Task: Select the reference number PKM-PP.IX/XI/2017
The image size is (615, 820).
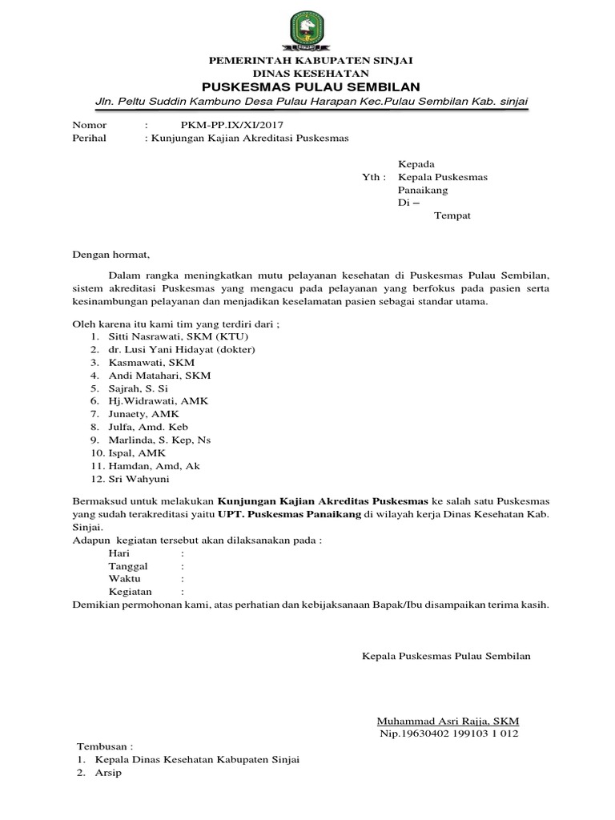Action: (231, 125)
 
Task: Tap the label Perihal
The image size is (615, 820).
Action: (90, 138)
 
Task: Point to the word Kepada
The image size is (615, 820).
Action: (416, 163)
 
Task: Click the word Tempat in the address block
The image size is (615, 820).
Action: (452, 216)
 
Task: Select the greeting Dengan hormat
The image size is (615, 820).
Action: (111, 255)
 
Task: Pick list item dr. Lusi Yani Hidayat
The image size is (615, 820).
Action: (175, 349)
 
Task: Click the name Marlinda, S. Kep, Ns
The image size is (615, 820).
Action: (156, 440)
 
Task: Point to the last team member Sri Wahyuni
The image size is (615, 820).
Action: (137, 479)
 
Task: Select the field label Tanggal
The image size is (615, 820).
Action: (128, 565)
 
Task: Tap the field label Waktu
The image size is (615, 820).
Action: (125, 578)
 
